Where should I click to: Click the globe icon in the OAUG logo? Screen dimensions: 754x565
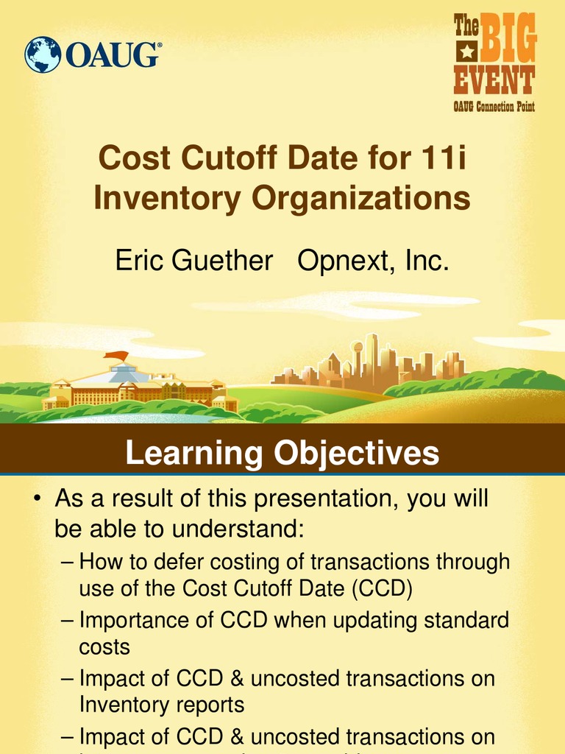(x=43, y=55)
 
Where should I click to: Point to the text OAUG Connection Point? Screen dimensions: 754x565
(x=494, y=107)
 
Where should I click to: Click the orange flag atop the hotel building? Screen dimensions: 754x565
(x=116, y=357)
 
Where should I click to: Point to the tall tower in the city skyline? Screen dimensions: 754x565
(x=372, y=353)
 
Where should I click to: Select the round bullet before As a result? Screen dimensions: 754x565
(x=35, y=501)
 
